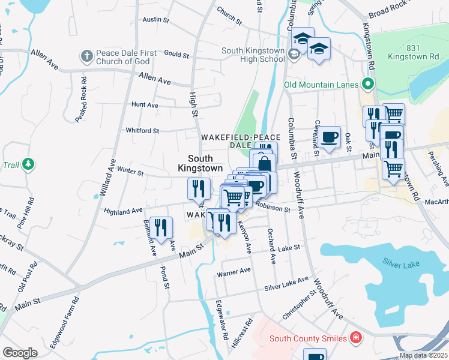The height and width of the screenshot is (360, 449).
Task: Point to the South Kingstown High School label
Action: pyautogui.click(x=253, y=55)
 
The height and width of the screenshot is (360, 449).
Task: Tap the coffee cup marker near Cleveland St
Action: pyautogui.click(x=330, y=137)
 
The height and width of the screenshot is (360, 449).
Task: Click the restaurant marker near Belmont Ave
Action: pyautogui.click(x=161, y=227)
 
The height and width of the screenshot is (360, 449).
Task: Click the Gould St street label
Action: pyautogui.click(x=176, y=54)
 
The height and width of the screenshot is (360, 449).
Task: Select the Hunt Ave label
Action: pyautogui.click(x=145, y=104)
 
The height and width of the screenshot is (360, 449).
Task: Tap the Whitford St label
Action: pyautogui.click(x=142, y=130)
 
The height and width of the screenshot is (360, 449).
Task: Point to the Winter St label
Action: pyautogui.click(x=130, y=172)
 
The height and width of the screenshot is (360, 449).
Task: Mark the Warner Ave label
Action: pyautogui.click(x=233, y=271)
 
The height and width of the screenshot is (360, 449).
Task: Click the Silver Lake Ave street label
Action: pyautogui.click(x=287, y=284)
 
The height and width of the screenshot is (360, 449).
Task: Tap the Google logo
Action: pyautogui.click(x=20, y=353)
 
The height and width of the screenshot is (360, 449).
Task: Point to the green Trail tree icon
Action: pyautogui.click(x=28, y=164)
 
